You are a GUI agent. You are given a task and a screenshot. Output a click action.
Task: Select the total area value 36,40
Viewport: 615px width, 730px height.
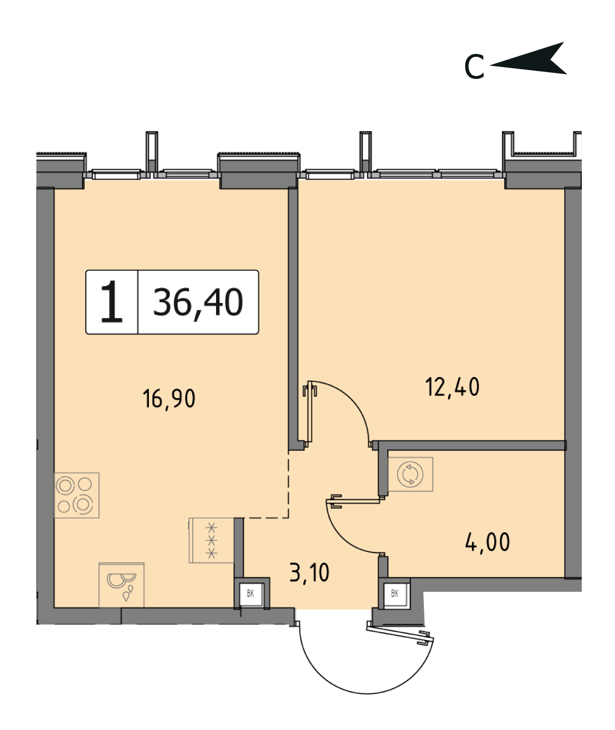[x=198, y=303]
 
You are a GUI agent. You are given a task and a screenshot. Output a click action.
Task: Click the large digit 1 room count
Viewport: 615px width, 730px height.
[x=111, y=301]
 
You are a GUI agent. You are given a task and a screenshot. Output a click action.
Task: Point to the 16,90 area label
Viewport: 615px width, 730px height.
[x=169, y=399]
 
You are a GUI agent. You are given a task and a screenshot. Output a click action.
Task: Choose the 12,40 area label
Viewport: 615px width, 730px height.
[x=452, y=387]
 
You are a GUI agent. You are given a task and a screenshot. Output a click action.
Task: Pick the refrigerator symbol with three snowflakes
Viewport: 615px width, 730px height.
[x=211, y=540]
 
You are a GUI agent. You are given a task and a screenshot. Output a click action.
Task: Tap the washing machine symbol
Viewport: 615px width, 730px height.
[x=411, y=474]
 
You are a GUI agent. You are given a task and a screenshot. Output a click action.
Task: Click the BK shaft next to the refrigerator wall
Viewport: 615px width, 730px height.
[x=251, y=593]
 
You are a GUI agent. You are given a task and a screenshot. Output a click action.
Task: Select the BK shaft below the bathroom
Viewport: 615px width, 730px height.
[x=395, y=593]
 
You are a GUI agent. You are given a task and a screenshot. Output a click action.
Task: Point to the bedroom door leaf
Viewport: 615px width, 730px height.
[x=309, y=414]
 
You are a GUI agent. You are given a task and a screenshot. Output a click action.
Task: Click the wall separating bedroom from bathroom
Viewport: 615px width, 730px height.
[x=472, y=445]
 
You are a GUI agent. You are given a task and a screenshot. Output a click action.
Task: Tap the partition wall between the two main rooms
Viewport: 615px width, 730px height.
[x=293, y=319]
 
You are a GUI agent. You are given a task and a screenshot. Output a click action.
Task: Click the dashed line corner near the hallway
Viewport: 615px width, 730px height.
[x=288, y=518]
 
